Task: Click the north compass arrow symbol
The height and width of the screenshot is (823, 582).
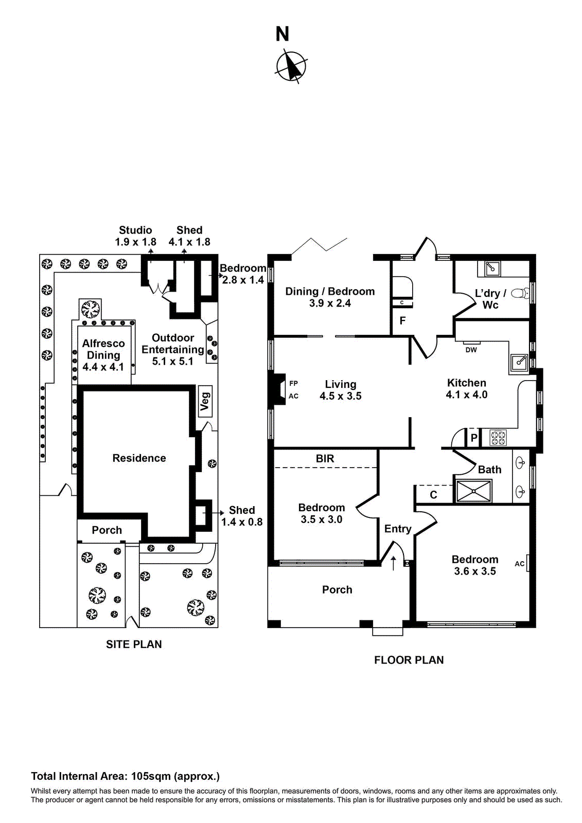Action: point(291,66)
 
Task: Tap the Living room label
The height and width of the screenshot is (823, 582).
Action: point(340,384)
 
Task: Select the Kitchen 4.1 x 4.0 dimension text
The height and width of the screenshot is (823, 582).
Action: point(466,395)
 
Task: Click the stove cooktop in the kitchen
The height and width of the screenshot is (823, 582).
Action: point(498,438)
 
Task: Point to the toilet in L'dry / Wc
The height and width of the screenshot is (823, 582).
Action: point(520,293)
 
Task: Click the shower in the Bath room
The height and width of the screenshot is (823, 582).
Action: point(474,491)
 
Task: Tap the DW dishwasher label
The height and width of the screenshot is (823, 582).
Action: point(471,350)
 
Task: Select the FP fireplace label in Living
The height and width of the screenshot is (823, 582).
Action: point(293,383)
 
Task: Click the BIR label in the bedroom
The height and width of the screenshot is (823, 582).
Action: point(325,458)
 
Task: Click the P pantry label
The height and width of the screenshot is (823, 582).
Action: point(474,438)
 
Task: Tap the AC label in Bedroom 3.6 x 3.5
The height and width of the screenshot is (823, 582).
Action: point(519,564)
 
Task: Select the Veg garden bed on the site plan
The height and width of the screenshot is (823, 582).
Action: point(205,401)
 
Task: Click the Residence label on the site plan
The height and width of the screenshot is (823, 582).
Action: point(139,458)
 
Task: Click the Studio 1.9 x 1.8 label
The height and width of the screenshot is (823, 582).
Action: point(135,236)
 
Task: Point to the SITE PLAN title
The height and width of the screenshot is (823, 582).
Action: point(134,645)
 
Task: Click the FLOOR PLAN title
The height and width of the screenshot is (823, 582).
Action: point(409,660)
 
